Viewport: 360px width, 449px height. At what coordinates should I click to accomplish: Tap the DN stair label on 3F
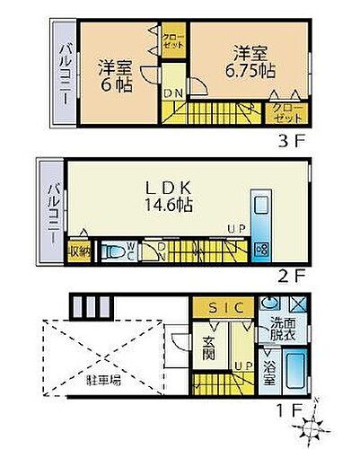click(x=172, y=92)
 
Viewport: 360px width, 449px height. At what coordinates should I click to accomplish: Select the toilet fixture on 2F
click(x=115, y=250)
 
